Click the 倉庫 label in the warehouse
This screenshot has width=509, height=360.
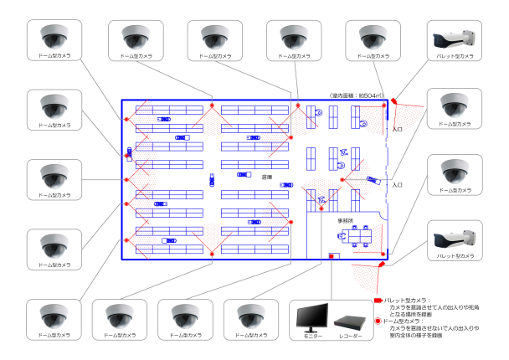[267, 177]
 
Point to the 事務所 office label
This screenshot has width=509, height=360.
[345, 221]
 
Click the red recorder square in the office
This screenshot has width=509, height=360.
[332, 258]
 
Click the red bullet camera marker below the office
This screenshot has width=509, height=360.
[381, 264]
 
